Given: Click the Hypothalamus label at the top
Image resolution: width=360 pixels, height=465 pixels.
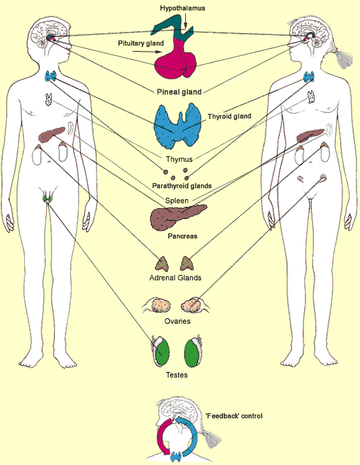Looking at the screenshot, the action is pyautogui.click(x=182, y=8).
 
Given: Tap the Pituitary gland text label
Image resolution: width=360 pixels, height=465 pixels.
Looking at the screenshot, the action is pyautogui.click(x=140, y=43).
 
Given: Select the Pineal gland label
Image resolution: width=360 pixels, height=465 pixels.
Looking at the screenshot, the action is pyautogui.click(x=179, y=92).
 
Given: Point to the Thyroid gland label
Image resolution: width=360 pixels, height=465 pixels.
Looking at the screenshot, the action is pyautogui.click(x=229, y=116).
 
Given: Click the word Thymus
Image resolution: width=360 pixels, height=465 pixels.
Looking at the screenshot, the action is pyautogui.click(x=179, y=159).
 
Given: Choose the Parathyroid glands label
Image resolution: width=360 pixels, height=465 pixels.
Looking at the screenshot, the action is pyautogui.click(x=182, y=186).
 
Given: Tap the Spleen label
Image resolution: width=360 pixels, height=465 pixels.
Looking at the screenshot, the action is pyautogui.click(x=177, y=200).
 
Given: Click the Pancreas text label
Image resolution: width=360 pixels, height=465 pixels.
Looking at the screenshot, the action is pyautogui.click(x=182, y=236).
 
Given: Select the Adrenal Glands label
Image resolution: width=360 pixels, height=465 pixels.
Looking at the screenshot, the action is pyautogui.click(x=176, y=278).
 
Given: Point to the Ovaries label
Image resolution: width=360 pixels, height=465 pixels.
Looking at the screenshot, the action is pyautogui.click(x=178, y=321).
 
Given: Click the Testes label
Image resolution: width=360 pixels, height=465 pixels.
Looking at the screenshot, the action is pyautogui.click(x=177, y=375).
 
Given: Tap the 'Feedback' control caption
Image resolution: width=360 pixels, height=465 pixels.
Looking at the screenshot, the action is pyautogui.click(x=234, y=416).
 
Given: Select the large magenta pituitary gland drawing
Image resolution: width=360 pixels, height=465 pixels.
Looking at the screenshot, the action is pyautogui.click(x=176, y=59).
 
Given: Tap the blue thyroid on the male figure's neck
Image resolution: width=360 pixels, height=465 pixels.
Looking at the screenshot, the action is pyautogui.click(x=51, y=76).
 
